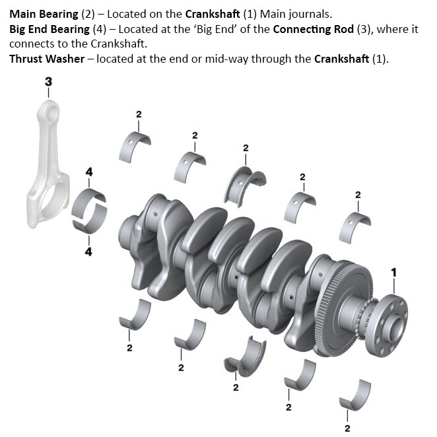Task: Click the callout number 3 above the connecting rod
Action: [48, 81]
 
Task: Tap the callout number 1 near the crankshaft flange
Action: [394, 272]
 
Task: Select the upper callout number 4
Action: [89, 172]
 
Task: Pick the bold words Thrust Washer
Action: [47, 57]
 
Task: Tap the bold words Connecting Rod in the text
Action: [313, 29]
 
